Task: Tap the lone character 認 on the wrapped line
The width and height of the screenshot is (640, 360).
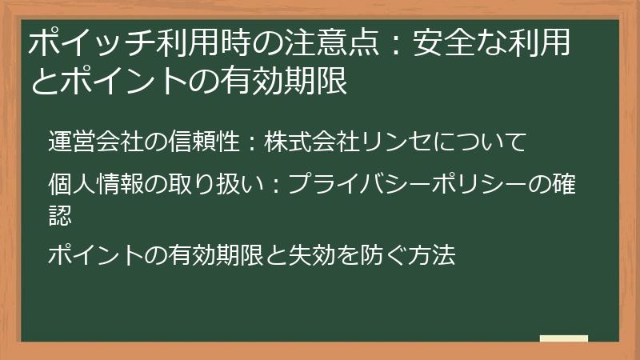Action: (59, 214)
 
